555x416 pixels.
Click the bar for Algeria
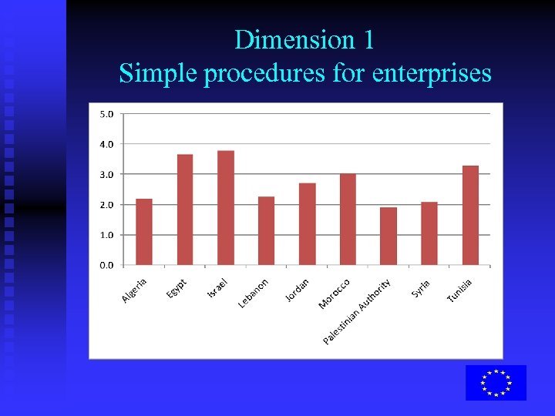(x=144, y=232)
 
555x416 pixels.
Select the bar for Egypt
(x=185, y=210)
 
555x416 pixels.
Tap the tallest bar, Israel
(x=225, y=208)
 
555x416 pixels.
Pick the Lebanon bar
(x=266, y=231)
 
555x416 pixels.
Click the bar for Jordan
(x=307, y=224)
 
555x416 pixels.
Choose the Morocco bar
(x=348, y=220)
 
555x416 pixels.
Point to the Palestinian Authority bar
(x=388, y=236)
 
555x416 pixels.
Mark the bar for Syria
(x=429, y=233)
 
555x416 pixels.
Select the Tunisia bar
(x=470, y=216)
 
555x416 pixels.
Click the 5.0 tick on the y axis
(x=106, y=114)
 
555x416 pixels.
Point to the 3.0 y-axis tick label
(x=106, y=174)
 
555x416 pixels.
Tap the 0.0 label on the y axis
(x=106, y=265)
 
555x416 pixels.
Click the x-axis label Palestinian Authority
(x=356, y=311)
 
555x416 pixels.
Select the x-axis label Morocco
(x=335, y=294)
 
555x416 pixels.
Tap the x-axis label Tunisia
(x=459, y=290)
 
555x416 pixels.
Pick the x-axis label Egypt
(x=177, y=288)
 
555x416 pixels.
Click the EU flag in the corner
(x=496, y=383)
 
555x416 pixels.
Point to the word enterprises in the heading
(x=432, y=73)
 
